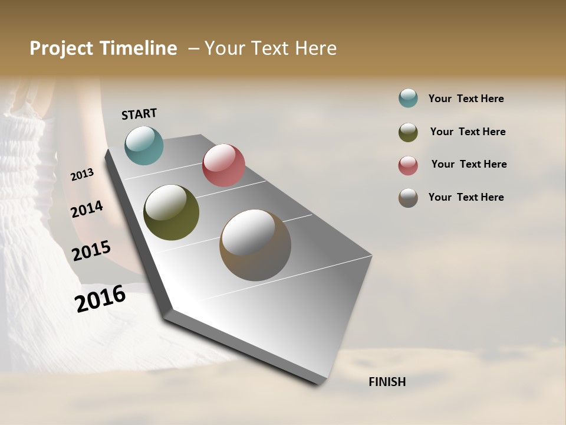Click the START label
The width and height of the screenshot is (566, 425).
[139, 114]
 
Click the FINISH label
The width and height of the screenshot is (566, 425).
[387, 382]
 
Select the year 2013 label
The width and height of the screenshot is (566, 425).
[83, 175]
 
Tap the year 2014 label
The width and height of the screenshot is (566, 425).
[87, 209]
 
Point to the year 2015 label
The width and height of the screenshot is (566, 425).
[91, 251]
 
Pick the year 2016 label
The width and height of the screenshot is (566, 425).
[100, 299]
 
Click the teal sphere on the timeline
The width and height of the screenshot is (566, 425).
[144, 145]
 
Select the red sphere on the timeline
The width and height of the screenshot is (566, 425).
[223, 165]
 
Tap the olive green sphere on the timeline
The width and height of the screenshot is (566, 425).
[171, 212]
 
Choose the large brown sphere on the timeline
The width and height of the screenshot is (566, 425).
[255, 245]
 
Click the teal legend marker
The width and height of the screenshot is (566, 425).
[408, 99]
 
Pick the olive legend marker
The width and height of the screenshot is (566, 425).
[408, 132]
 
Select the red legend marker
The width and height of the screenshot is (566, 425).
[408, 165]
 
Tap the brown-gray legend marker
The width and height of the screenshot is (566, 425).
[408, 198]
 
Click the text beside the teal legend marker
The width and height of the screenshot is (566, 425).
[466, 99]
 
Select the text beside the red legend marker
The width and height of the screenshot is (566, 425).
[469, 164]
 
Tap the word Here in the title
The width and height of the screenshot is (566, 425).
[315, 48]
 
